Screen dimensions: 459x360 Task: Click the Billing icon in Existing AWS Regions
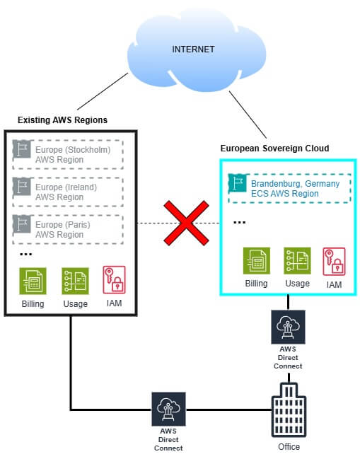(33, 281)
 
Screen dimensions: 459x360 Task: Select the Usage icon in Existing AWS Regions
(74, 281)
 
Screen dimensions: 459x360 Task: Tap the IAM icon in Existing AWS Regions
(115, 281)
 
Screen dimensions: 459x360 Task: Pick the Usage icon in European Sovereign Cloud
(297, 260)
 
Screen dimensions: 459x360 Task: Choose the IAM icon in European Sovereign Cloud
(335, 260)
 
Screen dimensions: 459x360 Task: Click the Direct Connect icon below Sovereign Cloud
(288, 326)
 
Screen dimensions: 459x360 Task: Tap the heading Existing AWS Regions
(62, 120)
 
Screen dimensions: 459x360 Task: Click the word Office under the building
(288, 447)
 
